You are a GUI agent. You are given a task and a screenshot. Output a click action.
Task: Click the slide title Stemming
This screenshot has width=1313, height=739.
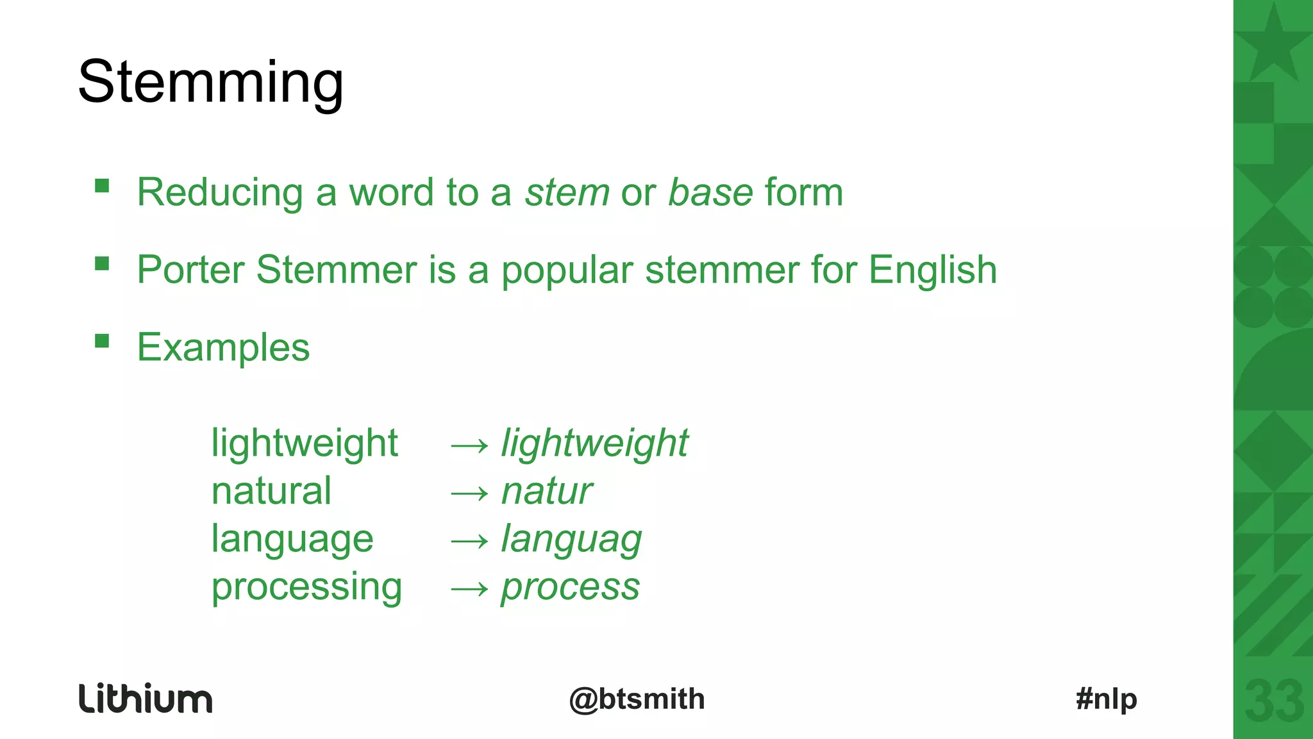coord(210,82)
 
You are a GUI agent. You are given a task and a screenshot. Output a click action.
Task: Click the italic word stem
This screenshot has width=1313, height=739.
coord(567,192)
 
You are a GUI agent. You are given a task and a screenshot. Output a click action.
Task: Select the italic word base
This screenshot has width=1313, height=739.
coord(710,192)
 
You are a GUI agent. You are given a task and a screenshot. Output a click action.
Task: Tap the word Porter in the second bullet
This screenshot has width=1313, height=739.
coord(190,270)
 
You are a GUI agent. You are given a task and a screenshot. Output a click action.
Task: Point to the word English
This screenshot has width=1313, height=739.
coord(933,270)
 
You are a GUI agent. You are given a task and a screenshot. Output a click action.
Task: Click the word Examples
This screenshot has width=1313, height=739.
coord(223,347)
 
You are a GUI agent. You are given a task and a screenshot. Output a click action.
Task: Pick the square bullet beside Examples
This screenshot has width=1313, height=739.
coord(102,340)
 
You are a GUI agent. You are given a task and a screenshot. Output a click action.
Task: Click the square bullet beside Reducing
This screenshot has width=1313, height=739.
coord(102,186)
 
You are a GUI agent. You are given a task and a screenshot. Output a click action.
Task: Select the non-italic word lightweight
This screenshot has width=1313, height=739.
coord(305,444)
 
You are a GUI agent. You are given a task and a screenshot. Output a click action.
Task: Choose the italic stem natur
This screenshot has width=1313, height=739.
coord(546,492)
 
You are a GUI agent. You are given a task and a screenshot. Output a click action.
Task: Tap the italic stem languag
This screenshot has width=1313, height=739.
coord(571,540)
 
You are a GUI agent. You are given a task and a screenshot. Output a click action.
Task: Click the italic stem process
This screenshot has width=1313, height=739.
coord(570,587)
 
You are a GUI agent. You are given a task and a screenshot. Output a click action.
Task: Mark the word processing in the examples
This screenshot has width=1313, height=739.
coord(306,587)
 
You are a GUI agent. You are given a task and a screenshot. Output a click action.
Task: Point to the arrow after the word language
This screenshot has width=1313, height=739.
coord(470,541)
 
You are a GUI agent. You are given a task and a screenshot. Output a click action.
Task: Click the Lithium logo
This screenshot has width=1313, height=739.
coord(146,699)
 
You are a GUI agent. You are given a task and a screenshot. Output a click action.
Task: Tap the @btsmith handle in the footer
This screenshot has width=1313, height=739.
coord(637,699)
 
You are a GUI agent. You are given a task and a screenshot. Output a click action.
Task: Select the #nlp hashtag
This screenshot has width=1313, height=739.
coord(1107,699)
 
